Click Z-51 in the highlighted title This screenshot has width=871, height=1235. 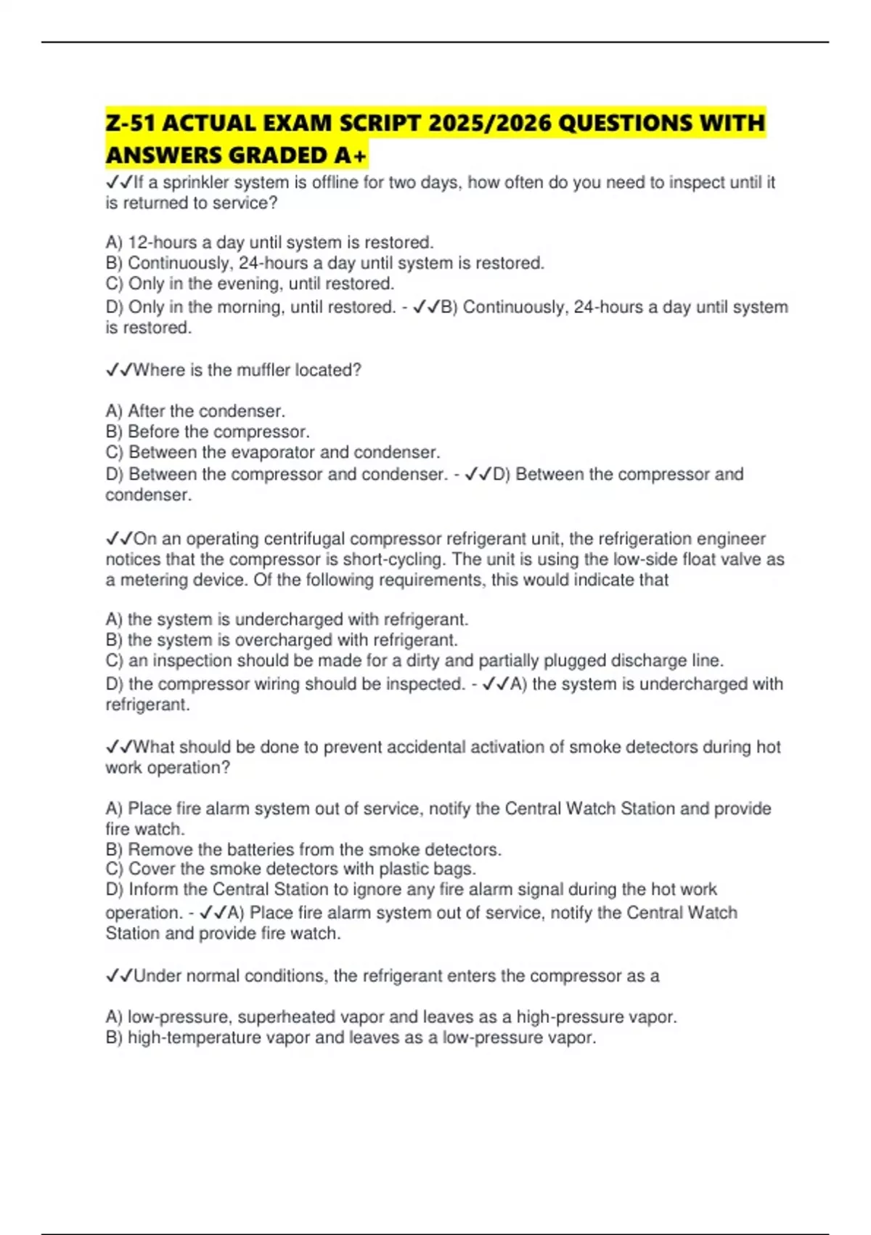point(130,123)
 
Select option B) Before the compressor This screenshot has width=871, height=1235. point(208,432)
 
